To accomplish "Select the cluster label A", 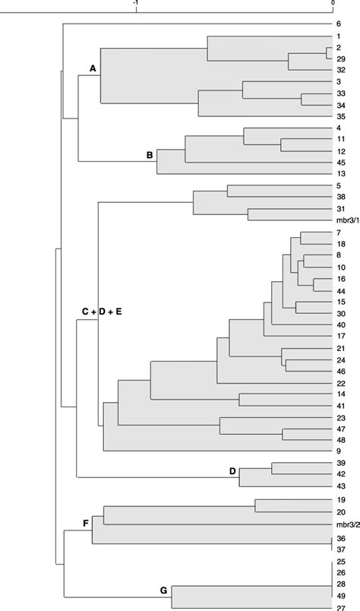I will (93, 69).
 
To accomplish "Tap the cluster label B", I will (150, 156).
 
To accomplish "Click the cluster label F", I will (85, 524).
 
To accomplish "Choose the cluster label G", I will (162, 590).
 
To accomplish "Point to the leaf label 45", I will (341, 162).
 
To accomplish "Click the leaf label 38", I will (341, 196).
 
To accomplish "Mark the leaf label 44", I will (341, 290).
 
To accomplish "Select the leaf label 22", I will (341, 383).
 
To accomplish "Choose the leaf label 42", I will (341, 473).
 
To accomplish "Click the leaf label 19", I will (341, 500).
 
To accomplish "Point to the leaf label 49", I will (341, 595).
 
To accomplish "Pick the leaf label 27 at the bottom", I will (341, 606).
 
